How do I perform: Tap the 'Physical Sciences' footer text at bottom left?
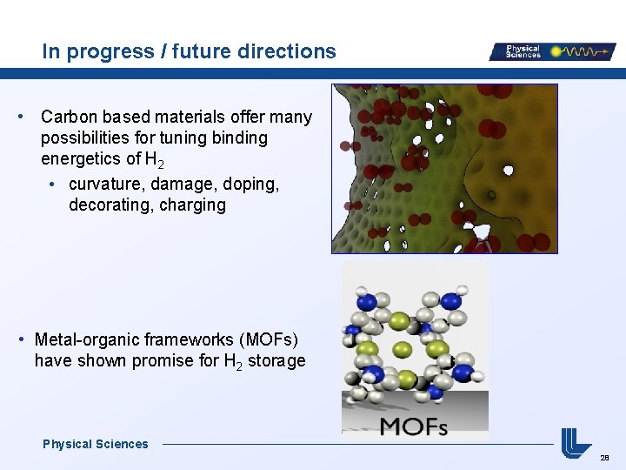click(x=96, y=444)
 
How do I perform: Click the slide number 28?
click(x=604, y=457)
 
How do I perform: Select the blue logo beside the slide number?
click(x=576, y=442)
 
